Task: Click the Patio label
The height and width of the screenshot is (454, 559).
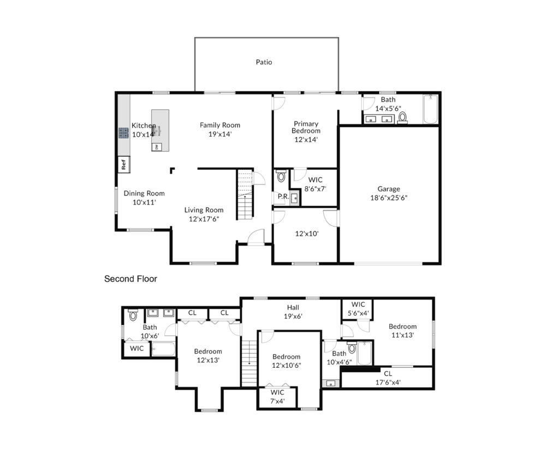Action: click(264, 62)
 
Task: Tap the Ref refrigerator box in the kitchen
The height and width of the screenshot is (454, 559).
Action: click(124, 165)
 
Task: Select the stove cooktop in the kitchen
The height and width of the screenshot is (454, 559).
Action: click(124, 133)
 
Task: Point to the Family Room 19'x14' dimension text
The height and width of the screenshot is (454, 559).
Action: click(220, 134)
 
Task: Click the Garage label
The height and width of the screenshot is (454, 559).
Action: click(389, 189)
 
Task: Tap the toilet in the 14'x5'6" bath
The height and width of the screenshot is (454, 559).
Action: click(402, 118)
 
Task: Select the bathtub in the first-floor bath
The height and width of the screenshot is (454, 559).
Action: click(430, 109)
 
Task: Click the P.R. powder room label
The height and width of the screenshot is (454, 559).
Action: click(283, 196)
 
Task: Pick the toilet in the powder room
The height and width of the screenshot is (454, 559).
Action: click(281, 176)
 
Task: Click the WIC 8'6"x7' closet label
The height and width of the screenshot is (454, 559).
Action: click(315, 184)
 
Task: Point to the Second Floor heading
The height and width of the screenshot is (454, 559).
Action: click(130, 279)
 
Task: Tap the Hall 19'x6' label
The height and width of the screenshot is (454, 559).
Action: click(293, 312)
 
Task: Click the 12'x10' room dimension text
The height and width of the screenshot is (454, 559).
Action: click(307, 234)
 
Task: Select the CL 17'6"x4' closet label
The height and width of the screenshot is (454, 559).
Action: click(388, 378)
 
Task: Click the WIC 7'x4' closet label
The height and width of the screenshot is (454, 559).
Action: click(277, 397)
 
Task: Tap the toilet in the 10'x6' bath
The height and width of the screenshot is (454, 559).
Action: click(133, 315)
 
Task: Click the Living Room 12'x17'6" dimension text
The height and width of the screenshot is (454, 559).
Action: click(204, 219)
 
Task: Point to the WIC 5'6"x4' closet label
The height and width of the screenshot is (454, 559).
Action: click(358, 309)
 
